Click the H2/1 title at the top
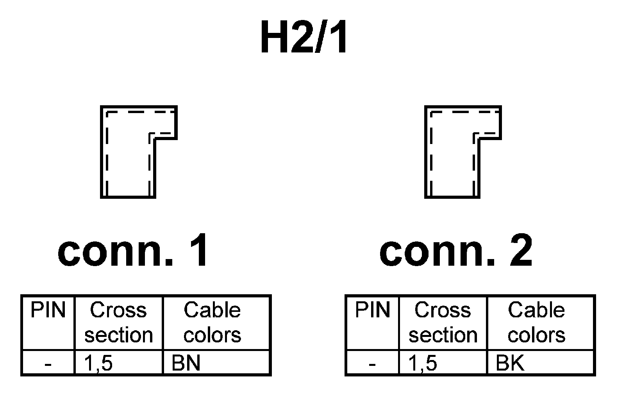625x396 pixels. tap(304, 38)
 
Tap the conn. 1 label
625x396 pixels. tap(134, 251)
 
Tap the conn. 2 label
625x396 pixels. tap(456, 251)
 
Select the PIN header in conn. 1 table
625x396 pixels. tap(48, 310)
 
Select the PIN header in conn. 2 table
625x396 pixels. tap(372, 310)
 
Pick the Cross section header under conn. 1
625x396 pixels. tap(118, 323)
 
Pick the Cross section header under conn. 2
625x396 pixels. tap(443, 323)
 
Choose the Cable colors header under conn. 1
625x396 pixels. tap(212, 323)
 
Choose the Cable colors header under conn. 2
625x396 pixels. tap(536, 323)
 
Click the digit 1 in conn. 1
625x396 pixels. tap(198, 251)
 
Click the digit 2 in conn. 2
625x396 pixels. tap(521, 251)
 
